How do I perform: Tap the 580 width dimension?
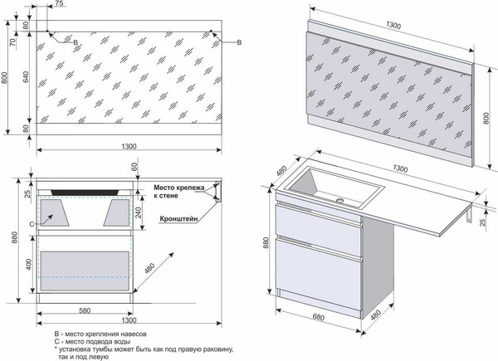(80, 310)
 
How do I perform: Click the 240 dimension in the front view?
(138, 211)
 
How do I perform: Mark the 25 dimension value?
(27, 194)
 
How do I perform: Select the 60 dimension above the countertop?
(134, 167)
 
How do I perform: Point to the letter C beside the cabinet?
(31, 224)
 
